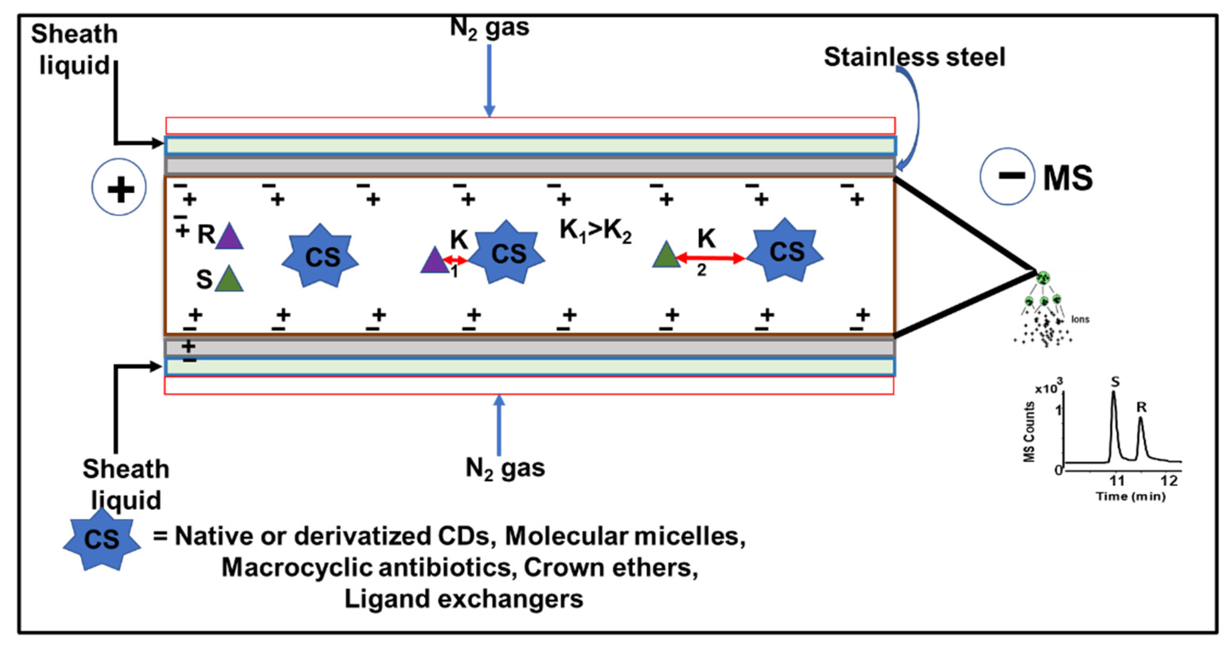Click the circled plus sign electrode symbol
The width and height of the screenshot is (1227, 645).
coord(119,187)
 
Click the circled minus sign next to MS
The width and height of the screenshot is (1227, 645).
coord(1006,176)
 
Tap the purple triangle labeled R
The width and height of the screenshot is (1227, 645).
coord(229,237)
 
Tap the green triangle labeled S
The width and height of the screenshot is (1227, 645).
coord(229,279)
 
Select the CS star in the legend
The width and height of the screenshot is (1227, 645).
coord(102,539)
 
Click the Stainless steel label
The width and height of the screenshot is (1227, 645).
coord(914,57)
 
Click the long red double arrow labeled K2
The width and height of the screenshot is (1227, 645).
coord(710,259)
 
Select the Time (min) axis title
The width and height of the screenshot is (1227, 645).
coord(1131,497)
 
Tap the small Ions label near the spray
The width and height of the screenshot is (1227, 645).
coord(1080,320)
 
